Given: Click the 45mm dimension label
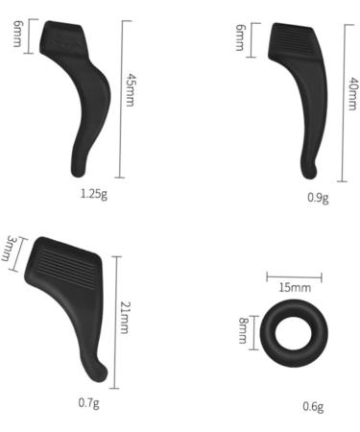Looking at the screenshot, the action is click(x=130, y=90).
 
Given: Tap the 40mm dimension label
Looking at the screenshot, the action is click(x=352, y=94).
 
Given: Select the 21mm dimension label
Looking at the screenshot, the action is click(x=124, y=318).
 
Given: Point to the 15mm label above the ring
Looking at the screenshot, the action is click(x=295, y=288).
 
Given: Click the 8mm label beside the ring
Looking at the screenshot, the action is click(x=243, y=331).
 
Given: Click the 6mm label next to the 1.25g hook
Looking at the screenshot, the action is click(x=17, y=34).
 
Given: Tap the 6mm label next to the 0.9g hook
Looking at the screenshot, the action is click(x=240, y=37).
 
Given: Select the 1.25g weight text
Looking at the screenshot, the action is click(x=94, y=194).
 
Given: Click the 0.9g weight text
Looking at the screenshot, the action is click(x=318, y=198).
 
